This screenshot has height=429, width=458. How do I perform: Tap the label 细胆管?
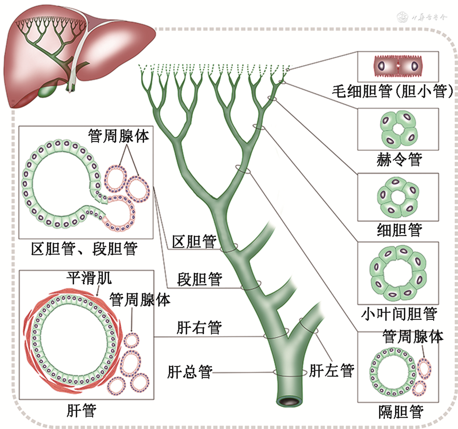[x=398, y=230]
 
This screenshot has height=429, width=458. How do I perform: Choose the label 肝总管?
[x=190, y=372]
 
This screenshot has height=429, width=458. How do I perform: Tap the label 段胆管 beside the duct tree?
[x=200, y=279]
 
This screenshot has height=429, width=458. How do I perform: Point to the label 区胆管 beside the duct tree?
[x=194, y=242]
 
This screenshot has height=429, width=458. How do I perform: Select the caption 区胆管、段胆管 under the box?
[x=85, y=248]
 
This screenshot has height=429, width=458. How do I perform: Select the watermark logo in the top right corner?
[x=432, y=17]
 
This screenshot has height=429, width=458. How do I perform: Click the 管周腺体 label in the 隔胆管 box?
[x=412, y=336]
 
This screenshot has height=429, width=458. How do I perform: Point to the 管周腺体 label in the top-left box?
[x=119, y=136]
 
